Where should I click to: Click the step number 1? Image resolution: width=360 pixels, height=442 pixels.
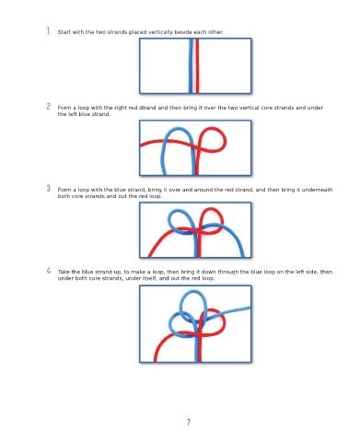click(48, 30)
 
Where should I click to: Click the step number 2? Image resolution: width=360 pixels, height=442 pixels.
click(49, 106)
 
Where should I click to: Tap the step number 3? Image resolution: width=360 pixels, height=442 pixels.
click(49, 188)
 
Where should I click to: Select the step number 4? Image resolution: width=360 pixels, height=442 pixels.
click(49, 271)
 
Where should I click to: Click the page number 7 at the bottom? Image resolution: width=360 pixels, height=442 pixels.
click(189, 423)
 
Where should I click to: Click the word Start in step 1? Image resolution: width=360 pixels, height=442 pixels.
click(64, 32)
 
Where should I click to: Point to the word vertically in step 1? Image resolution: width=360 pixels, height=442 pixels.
click(160, 32)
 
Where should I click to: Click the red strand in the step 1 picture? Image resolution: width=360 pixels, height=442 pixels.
click(197, 65)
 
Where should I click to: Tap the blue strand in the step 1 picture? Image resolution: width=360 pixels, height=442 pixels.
click(191, 65)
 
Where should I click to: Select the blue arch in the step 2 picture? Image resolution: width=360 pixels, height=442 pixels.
click(178, 129)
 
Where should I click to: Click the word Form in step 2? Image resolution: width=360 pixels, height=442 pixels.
click(64, 108)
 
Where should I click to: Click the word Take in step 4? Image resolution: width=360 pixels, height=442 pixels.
click(64, 272)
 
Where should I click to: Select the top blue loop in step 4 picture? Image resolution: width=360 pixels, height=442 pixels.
click(192, 293)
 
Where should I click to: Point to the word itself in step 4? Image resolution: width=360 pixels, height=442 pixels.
click(149, 278)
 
